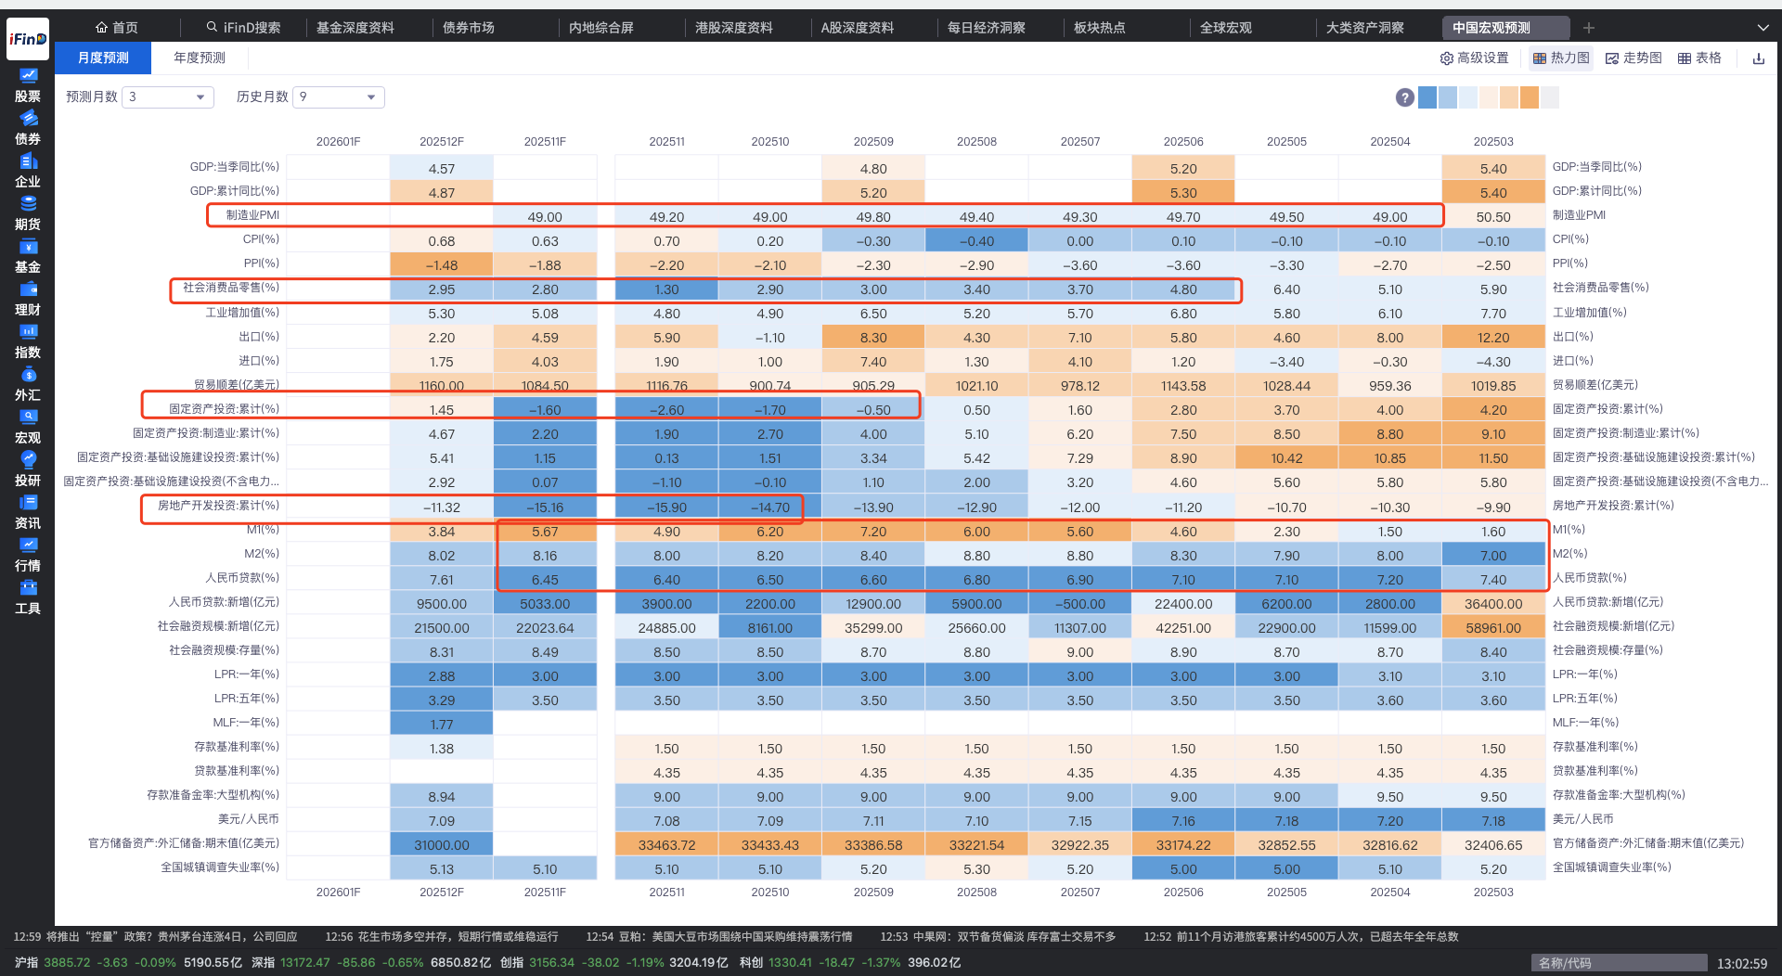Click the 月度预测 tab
tap(103, 58)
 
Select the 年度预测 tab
tap(200, 58)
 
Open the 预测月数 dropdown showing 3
tap(167, 97)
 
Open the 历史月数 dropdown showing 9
tap(338, 97)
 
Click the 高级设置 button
tap(1474, 58)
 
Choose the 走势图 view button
tap(1633, 58)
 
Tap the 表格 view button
tap(1699, 58)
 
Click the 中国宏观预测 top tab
tap(1491, 28)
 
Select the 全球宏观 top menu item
tap(1225, 28)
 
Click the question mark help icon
tap(1404, 97)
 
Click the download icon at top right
tap(1758, 58)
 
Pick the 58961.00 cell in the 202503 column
tap(1492, 628)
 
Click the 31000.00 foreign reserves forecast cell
tap(442, 845)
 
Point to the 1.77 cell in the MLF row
tap(442, 725)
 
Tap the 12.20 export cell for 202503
tap(1492, 338)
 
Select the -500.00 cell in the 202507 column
tap(1079, 604)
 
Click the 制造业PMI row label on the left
tap(252, 215)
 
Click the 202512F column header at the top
tap(442, 142)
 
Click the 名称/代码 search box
tap(1618, 963)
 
